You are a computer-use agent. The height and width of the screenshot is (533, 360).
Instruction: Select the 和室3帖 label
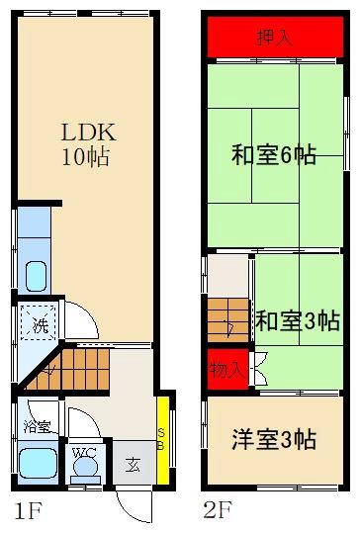[298, 321]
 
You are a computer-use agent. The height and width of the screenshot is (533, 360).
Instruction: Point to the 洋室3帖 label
[274, 439]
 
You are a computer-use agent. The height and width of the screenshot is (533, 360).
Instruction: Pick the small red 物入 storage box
[225, 369]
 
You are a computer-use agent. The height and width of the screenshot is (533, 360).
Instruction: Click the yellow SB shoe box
[163, 436]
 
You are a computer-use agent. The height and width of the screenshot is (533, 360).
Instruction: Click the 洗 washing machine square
[40, 323]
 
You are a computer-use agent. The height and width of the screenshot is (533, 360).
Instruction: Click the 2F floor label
[217, 512]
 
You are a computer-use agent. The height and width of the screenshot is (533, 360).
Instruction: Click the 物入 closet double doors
[258, 369]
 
